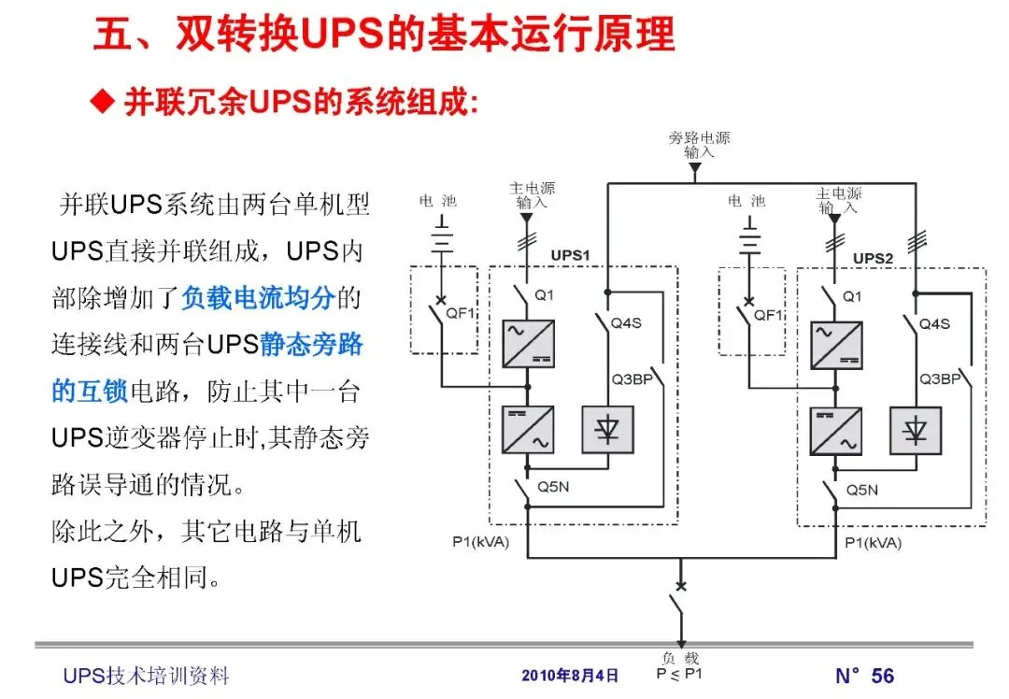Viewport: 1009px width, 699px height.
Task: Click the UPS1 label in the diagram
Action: click(569, 256)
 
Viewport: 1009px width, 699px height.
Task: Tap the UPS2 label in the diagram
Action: click(873, 258)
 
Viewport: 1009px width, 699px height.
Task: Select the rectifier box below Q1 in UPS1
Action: click(528, 343)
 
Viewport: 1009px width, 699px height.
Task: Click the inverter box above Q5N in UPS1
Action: click(528, 430)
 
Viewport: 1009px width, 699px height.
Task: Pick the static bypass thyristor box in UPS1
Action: click(607, 430)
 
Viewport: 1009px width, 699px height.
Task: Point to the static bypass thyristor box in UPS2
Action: click(916, 431)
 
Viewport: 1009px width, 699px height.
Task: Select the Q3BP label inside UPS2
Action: click(939, 379)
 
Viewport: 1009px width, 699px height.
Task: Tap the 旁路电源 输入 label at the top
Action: click(699, 144)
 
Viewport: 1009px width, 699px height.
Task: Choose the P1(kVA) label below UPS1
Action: click(481, 542)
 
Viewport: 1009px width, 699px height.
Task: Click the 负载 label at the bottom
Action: click(679, 659)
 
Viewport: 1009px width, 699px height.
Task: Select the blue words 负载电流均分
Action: click(258, 298)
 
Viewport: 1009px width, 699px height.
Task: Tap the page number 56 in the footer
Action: click(882, 676)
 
